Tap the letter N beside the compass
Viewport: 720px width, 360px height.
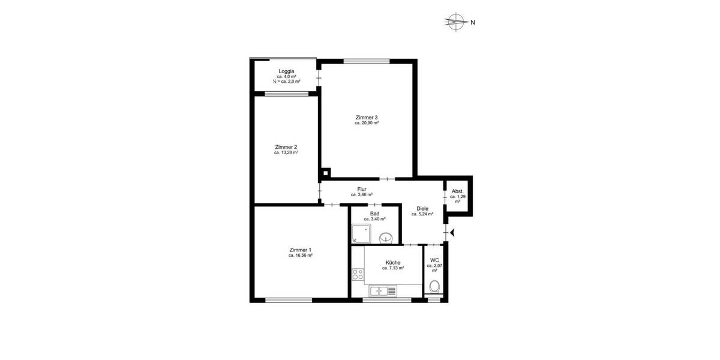(x=473, y=23)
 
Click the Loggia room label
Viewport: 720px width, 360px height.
(x=286, y=71)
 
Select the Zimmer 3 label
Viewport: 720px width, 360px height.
(x=367, y=117)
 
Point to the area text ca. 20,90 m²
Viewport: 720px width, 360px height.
(x=367, y=123)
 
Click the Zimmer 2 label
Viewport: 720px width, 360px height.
(x=286, y=147)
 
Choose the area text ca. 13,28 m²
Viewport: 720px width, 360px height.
(x=286, y=153)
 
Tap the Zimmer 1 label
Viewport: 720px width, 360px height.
(x=300, y=250)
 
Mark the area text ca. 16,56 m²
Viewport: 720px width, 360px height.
(x=300, y=256)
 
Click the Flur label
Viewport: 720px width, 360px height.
(x=362, y=189)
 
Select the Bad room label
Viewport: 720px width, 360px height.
(x=374, y=213)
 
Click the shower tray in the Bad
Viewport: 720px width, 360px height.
(x=361, y=235)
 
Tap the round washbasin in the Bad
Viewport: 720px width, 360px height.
(x=388, y=237)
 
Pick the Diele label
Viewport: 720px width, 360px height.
(x=422, y=208)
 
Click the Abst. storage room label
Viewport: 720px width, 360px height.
(x=458, y=191)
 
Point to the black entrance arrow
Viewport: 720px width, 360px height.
(x=452, y=232)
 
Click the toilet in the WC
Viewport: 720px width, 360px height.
(x=434, y=286)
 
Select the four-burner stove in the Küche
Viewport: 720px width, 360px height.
(x=358, y=275)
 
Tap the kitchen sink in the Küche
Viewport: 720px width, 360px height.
(x=379, y=291)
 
